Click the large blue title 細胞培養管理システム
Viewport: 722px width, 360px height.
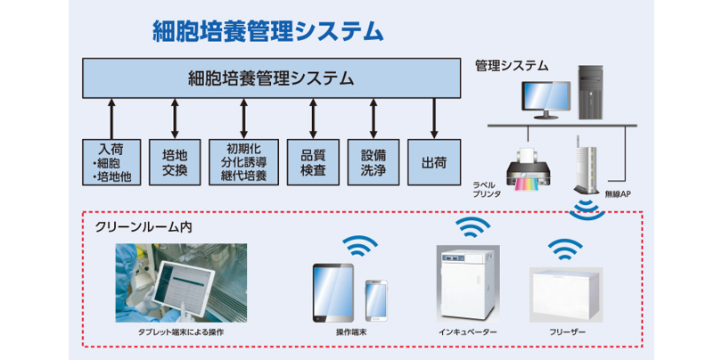point(267,31)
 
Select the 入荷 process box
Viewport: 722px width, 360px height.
point(111,161)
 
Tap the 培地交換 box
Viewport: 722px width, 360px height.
point(175,161)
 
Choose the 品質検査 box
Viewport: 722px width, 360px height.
point(313,161)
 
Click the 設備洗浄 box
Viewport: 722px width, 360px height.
point(373,161)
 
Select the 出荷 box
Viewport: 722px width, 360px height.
point(434,161)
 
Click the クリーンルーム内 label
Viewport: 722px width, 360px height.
point(143,227)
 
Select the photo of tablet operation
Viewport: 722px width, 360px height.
point(168,283)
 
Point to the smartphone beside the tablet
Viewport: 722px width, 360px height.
point(375,300)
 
